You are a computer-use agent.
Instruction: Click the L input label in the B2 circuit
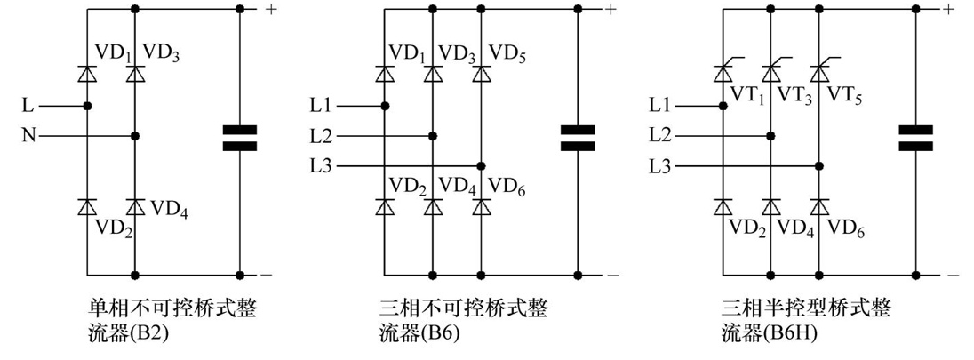(29, 106)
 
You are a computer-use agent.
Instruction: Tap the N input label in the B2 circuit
(29, 136)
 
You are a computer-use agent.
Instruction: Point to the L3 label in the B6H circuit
(660, 166)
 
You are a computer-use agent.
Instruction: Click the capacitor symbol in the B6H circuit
(915, 138)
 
